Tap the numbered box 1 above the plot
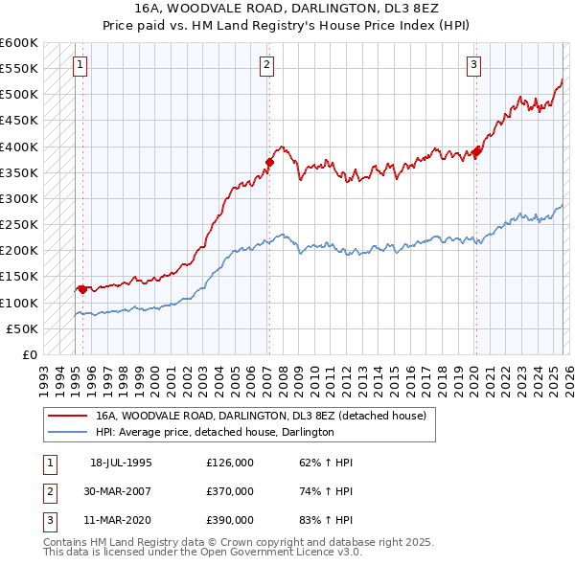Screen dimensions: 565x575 [x=80, y=65]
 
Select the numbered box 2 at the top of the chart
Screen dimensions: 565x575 [x=265, y=65]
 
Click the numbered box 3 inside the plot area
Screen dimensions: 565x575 [x=473, y=65]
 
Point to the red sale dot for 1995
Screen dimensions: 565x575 [x=82, y=288]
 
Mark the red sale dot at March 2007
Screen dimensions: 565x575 [x=269, y=162]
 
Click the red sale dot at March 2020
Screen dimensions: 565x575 [x=476, y=151]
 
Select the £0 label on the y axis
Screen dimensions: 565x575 [x=31, y=354]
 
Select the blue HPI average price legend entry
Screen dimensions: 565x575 [x=214, y=432]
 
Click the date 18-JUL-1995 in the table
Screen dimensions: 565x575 [x=121, y=463]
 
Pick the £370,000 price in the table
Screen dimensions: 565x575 [x=229, y=491]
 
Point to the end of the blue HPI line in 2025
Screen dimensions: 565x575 [x=563, y=205]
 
